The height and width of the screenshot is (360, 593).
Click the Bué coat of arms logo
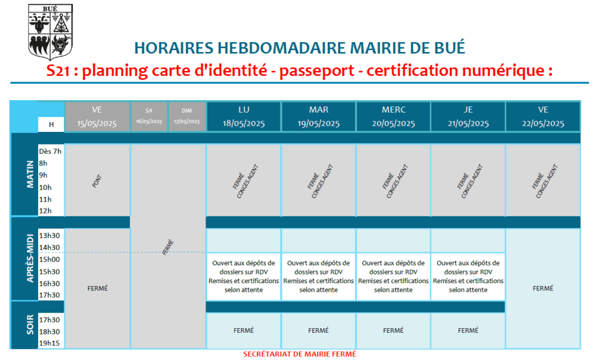[x=50, y=32]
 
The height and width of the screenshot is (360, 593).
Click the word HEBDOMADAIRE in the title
[x=282, y=48]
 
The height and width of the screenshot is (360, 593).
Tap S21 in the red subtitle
[x=58, y=71]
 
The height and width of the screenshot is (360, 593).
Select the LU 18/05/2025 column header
[x=244, y=116]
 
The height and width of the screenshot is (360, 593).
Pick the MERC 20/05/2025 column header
[x=393, y=116]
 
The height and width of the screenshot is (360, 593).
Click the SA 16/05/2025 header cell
[x=149, y=116]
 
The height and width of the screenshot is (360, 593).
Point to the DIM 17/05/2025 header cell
[x=187, y=116]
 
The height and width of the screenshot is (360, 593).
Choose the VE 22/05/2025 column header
[x=543, y=116]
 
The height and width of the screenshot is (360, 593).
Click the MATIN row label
[x=30, y=174]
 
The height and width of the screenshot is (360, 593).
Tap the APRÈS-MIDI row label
[x=30, y=258]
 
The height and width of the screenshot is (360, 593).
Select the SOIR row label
[x=30, y=325]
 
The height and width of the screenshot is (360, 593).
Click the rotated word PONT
[x=97, y=181]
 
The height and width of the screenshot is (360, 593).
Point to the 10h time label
[x=45, y=187]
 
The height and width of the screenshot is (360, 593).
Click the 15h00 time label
[x=49, y=259]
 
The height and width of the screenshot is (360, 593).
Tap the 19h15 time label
[x=49, y=343]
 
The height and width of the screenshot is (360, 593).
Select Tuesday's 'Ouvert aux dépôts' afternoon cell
[x=319, y=277]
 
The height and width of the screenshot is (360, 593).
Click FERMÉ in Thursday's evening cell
[x=468, y=330]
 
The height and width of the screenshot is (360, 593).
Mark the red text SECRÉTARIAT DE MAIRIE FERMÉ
[x=299, y=354]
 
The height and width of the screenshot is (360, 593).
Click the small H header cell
[x=51, y=124]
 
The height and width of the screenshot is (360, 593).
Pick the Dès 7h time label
[x=50, y=151]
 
